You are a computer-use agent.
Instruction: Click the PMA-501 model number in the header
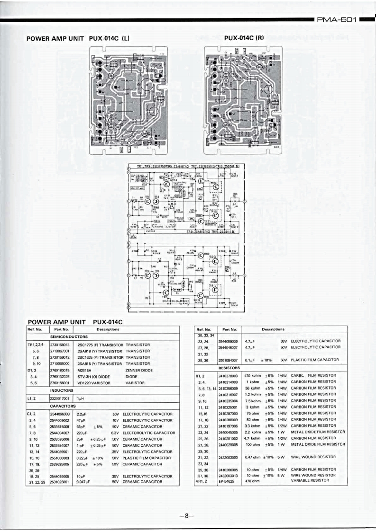tap(337, 19)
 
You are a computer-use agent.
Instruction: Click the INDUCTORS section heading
tap(61, 390)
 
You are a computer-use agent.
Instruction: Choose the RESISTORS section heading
tap(229, 368)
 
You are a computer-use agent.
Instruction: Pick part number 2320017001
tap(59, 398)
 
